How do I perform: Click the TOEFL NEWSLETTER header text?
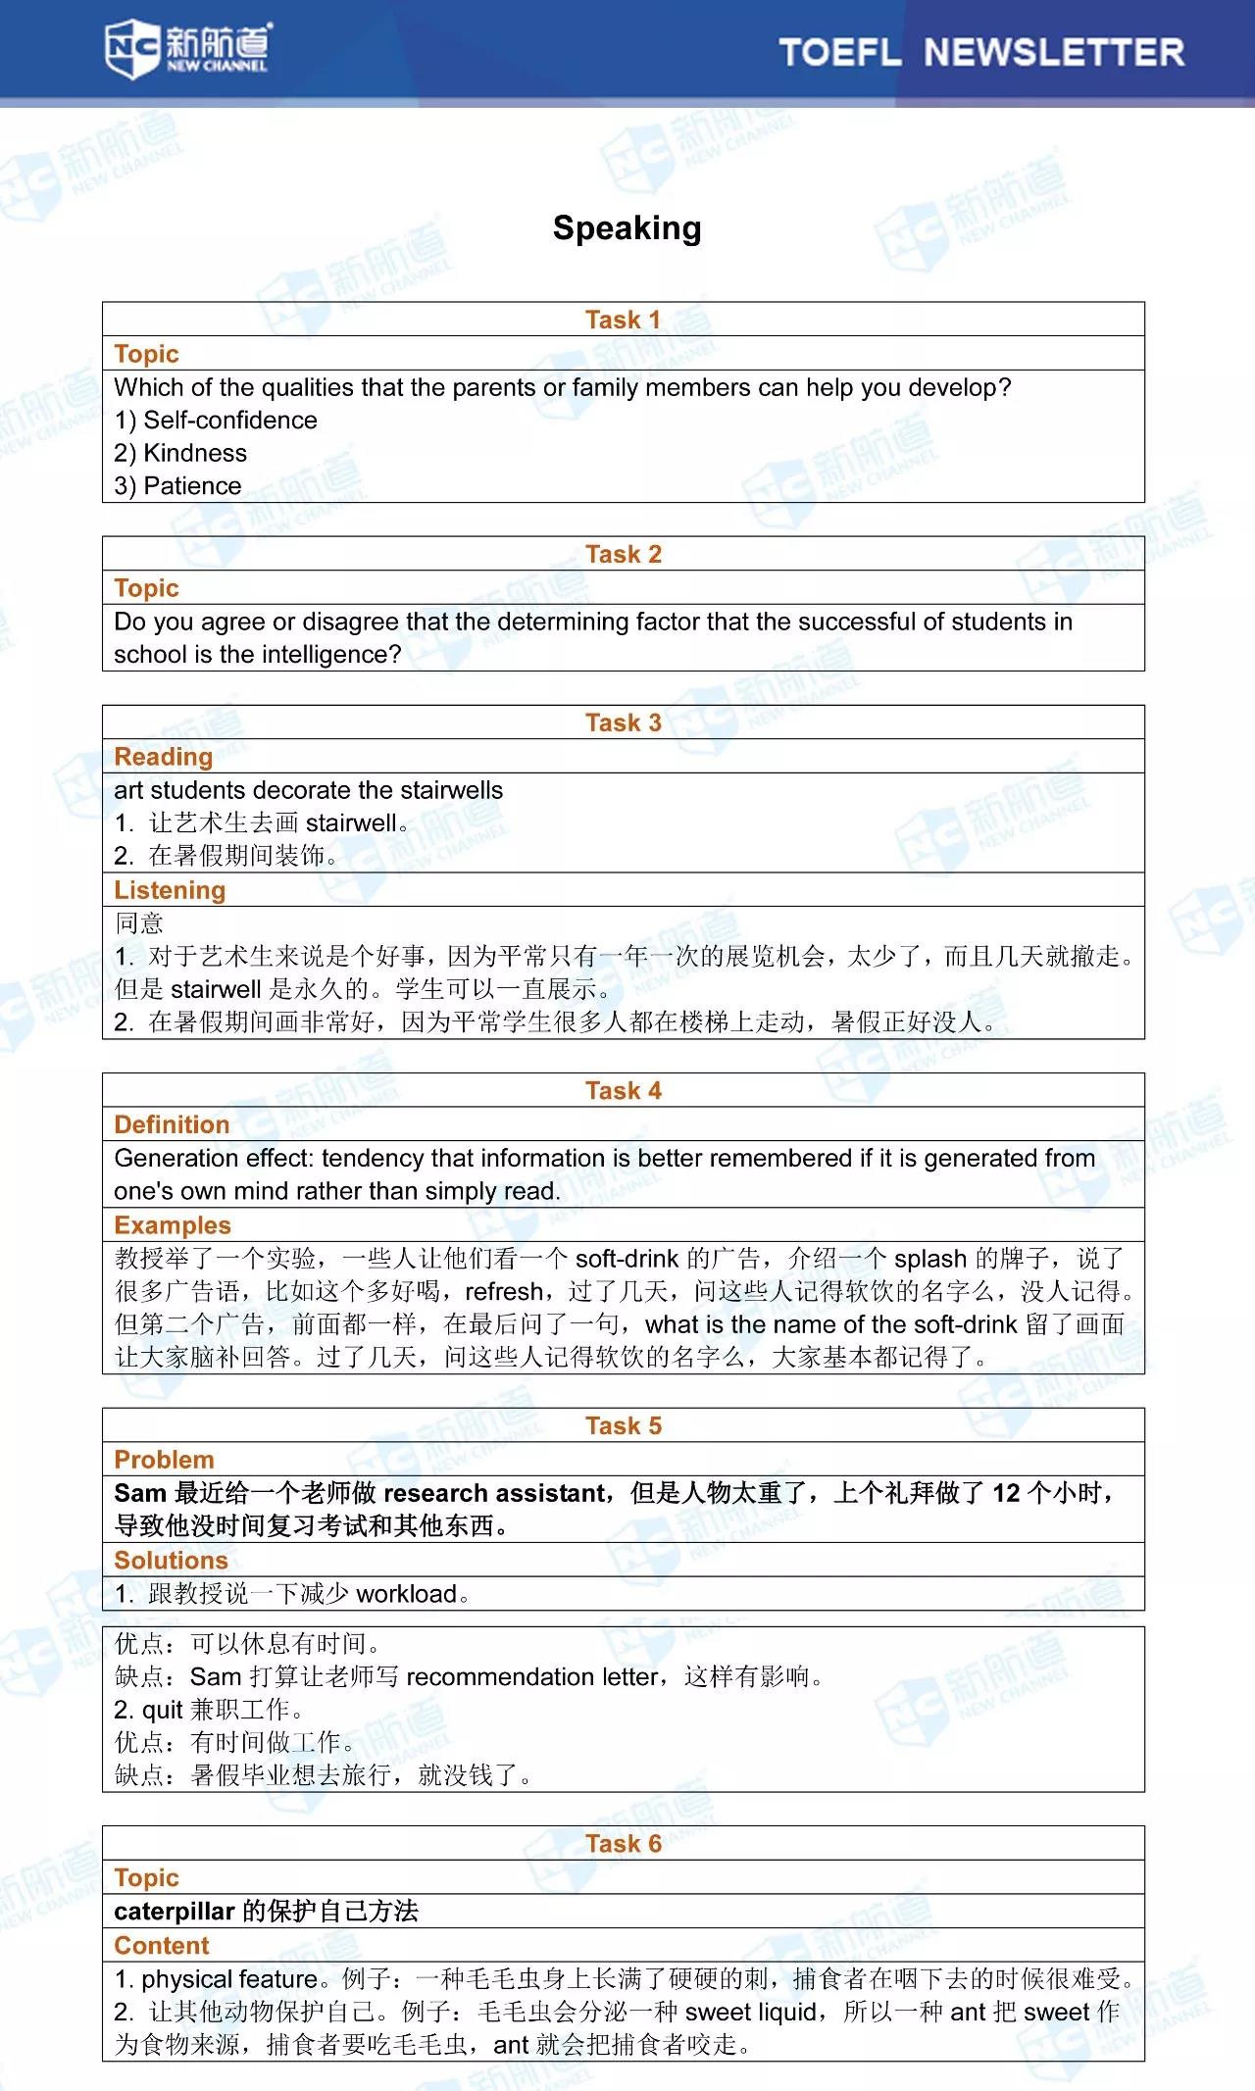pyautogui.click(x=981, y=52)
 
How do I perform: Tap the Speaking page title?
pyautogui.click(x=627, y=228)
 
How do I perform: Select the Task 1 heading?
pyautogui.click(x=624, y=320)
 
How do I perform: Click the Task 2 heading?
pyautogui.click(x=624, y=554)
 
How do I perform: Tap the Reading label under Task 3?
pyautogui.click(x=163, y=757)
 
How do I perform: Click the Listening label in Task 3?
pyautogui.click(x=170, y=890)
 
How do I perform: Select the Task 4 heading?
pyautogui.click(x=624, y=1091)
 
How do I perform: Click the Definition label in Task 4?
pyautogui.click(x=172, y=1124)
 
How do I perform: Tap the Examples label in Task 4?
pyautogui.click(x=173, y=1225)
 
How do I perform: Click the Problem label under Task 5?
pyautogui.click(x=164, y=1460)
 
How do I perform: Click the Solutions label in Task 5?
pyautogui.click(x=171, y=1560)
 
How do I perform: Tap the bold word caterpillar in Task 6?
pyautogui.click(x=175, y=1911)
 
